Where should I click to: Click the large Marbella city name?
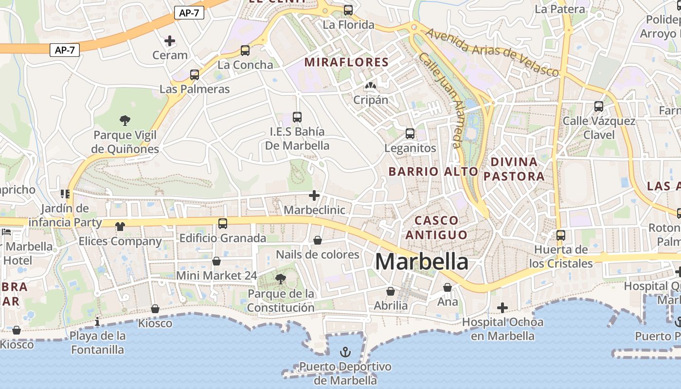click(422, 262)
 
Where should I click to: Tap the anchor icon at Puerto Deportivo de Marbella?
click(345, 352)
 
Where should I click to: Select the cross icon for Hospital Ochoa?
click(502, 308)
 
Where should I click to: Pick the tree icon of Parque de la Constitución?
click(280, 279)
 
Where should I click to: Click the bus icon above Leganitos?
click(410, 134)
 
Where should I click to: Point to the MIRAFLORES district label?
click(346, 62)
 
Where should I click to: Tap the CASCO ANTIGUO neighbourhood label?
click(436, 228)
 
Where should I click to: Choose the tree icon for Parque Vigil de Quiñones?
click(125, 120)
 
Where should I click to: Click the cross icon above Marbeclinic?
click(314, 195)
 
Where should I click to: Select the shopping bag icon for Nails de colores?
click(318, 240)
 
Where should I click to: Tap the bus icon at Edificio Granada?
click(223, 224)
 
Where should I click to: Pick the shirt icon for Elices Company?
click(120, 227)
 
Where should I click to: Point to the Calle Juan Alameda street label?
click(440, 100)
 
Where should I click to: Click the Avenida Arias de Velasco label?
click(493, 52)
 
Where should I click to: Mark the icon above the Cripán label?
click(371, 86)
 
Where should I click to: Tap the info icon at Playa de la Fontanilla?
click(97, 321)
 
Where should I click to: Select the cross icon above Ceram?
click(170, 41)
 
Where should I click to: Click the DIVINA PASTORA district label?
click(514, 169)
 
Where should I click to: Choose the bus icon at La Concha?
click(245, 51)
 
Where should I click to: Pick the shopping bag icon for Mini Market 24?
click(216, 262)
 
